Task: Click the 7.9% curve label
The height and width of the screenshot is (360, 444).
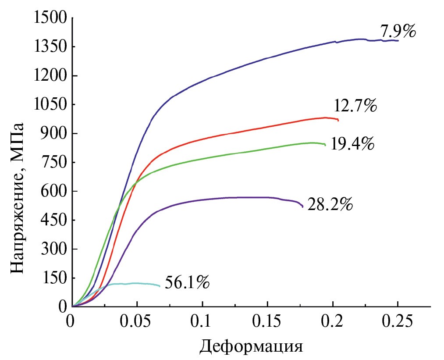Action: pyautogui.click(x=398, y=32)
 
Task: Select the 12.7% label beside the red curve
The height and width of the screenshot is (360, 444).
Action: pyautogui.click(x=355, y=107)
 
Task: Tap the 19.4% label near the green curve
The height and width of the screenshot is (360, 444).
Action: pyautogui.click(x=352, y=144)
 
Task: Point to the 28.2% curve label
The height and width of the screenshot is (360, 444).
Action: pyautogui.click(x=330, y=205)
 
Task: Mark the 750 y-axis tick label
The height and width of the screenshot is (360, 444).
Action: pyautogui.click(x=54, y=163)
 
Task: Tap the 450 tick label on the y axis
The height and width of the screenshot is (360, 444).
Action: pyautogui.click(x=54, y=220)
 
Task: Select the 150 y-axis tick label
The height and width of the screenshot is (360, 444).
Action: pyautogui.click(x=54, y=278)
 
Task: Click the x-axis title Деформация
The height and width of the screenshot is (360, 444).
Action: pyautogui.click(x=252, y=346)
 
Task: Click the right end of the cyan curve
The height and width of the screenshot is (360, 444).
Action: pyautogui.click(x=160, y=286)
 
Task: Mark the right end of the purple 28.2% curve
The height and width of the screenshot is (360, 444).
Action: pyautogui.click(x=302, y=207)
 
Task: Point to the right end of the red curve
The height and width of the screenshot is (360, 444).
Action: pyautogui.click(x=338, y=120)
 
